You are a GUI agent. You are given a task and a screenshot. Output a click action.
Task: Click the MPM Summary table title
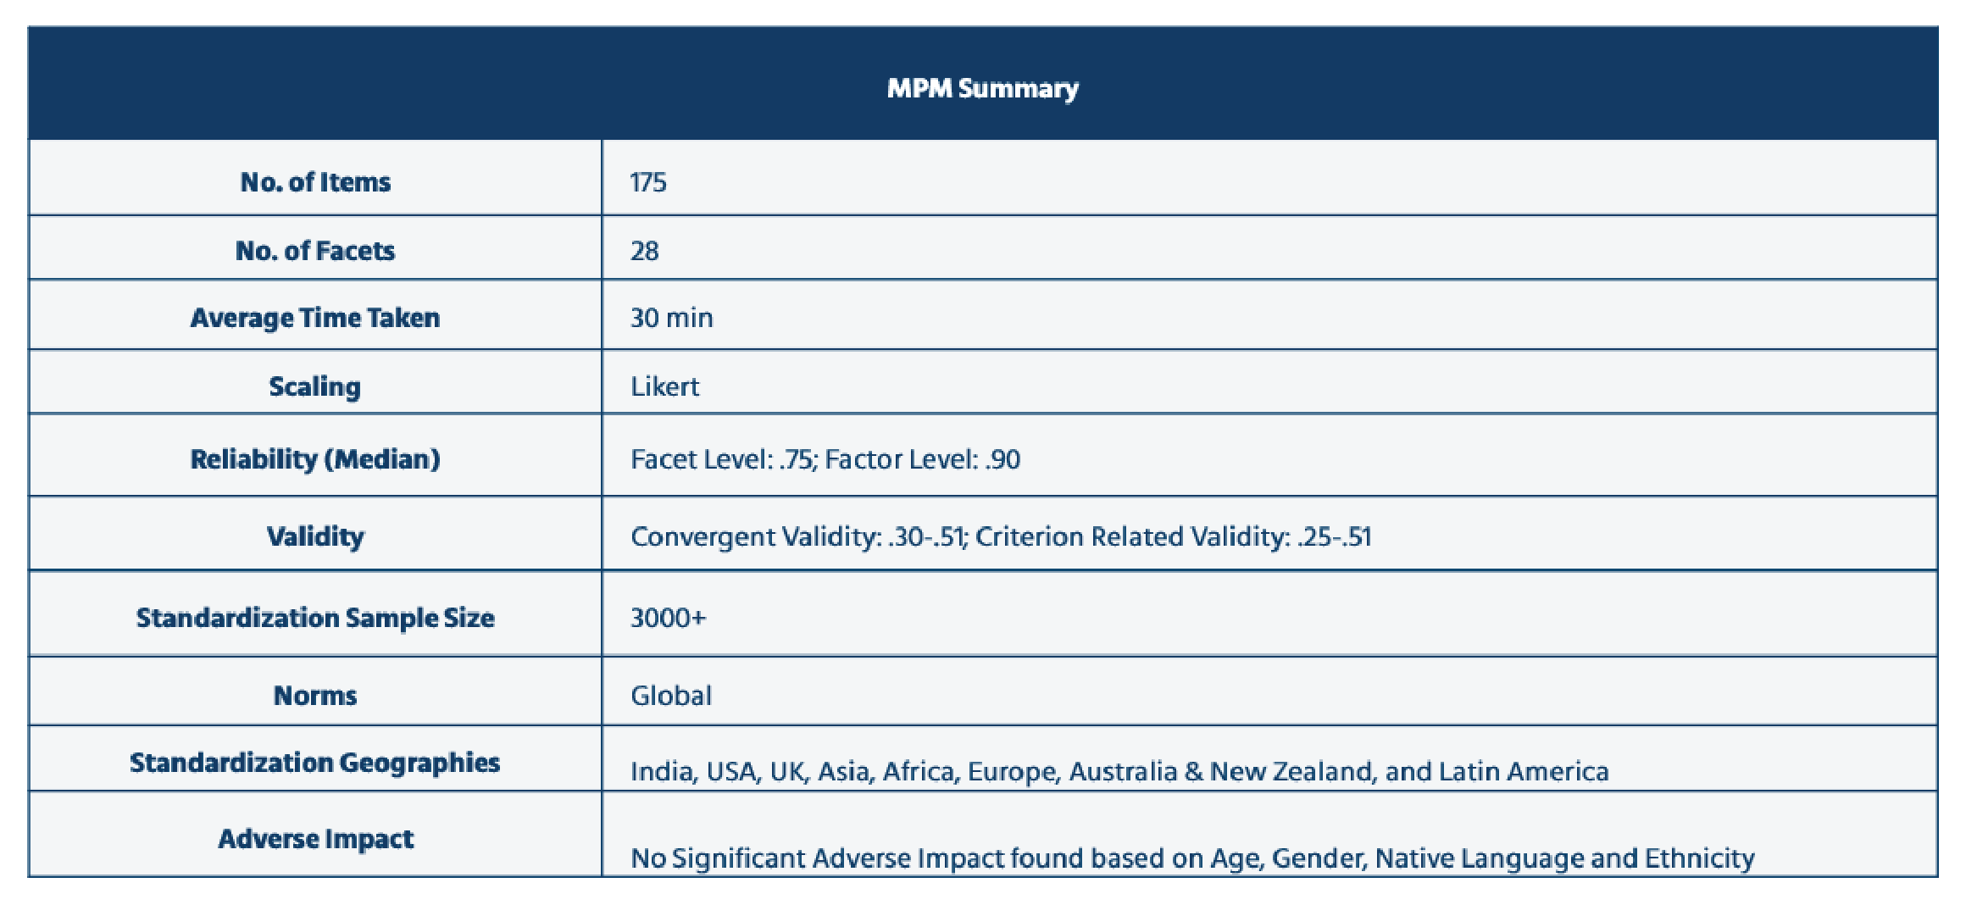click(982, 88)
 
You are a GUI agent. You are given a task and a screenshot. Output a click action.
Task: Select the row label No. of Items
click(315, 182)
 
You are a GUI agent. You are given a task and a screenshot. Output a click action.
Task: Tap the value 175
click(648, 182)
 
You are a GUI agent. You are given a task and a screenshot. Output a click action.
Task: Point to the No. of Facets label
click(315, 251)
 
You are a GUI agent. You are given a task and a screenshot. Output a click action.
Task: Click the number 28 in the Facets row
click(645, 251)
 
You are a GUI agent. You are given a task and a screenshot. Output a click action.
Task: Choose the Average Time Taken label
click(315, 318)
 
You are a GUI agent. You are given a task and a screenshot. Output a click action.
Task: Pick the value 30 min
click(672, 318)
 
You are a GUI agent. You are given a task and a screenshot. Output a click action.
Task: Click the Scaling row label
click(315, 387)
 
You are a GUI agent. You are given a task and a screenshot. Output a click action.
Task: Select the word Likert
click(665, 386)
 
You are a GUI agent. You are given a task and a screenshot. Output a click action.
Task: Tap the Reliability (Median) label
click(315, 459)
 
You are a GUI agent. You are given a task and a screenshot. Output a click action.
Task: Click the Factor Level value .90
click(1003, 459)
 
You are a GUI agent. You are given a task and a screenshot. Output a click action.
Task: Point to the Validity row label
click(315, 536)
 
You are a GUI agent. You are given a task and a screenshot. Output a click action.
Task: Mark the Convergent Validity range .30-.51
click(927, 536)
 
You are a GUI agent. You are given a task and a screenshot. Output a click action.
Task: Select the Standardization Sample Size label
click(315, 618)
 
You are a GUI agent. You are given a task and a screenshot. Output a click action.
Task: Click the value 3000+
click(669, 618)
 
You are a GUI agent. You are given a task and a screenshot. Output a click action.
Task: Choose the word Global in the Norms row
click(671, 696)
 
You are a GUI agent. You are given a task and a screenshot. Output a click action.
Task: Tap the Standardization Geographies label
click(315, 763)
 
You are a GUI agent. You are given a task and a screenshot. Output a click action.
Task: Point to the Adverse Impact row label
click(315, 839)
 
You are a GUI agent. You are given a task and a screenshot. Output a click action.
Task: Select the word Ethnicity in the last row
click(1700, 858)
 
